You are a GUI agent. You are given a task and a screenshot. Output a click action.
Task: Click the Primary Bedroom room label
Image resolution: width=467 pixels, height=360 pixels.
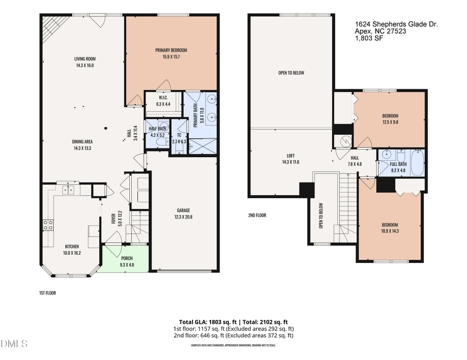click(171, 50)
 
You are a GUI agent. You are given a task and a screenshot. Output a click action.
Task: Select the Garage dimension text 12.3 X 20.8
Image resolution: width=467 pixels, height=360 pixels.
click(183, 217)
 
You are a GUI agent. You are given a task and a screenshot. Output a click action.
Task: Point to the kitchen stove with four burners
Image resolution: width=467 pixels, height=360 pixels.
click(48, 225)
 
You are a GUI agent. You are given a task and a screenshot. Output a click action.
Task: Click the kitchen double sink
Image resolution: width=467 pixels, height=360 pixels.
click(67, 190)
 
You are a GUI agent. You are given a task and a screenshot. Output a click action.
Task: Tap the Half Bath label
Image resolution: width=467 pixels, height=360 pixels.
click(157, 129)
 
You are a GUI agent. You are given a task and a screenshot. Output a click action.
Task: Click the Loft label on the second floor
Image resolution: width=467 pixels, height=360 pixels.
click(291, 155)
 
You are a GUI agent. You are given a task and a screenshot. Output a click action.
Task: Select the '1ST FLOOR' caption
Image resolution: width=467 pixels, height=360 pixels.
click(47, 293)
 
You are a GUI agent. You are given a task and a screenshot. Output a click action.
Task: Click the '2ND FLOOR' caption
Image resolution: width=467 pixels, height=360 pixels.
click(257, 215)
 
